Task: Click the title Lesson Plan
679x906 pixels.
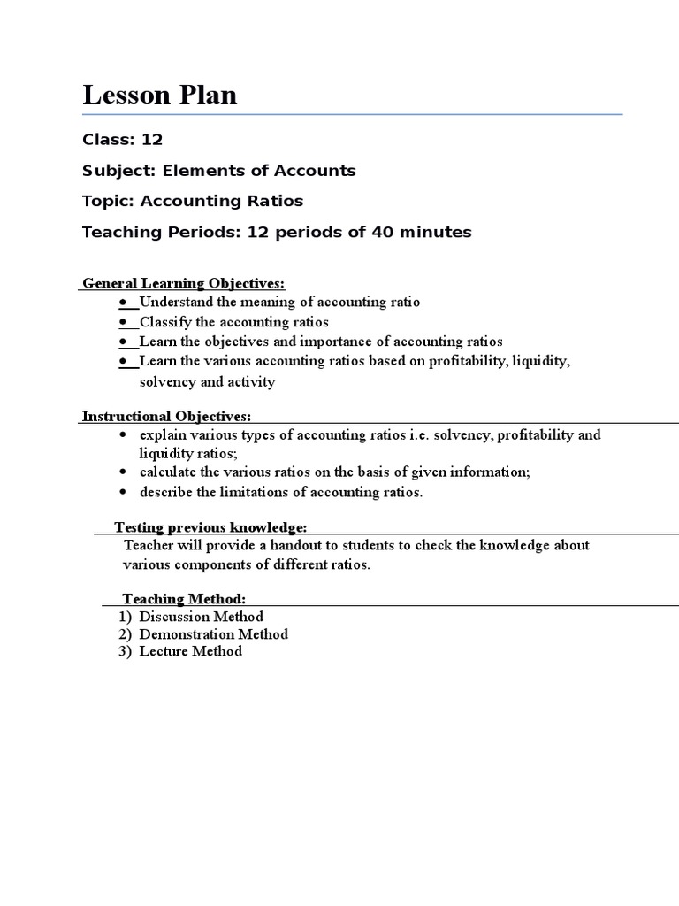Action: [160, 95]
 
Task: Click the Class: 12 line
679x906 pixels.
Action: [123, 140]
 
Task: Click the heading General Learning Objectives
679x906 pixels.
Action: [184, 283]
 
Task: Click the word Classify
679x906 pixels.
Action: [164, 322]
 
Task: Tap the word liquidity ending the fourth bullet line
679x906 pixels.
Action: [541, 362]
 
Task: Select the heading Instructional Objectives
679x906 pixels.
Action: [166, 416]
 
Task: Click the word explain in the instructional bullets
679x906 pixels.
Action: [163, 435]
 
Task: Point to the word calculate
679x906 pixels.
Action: [168, 472]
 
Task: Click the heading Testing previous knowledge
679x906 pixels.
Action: [210, 527]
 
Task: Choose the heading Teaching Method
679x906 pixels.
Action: [184, 599]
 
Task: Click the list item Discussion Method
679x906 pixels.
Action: [201, 617]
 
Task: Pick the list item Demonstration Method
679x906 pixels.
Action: [213, 634]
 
